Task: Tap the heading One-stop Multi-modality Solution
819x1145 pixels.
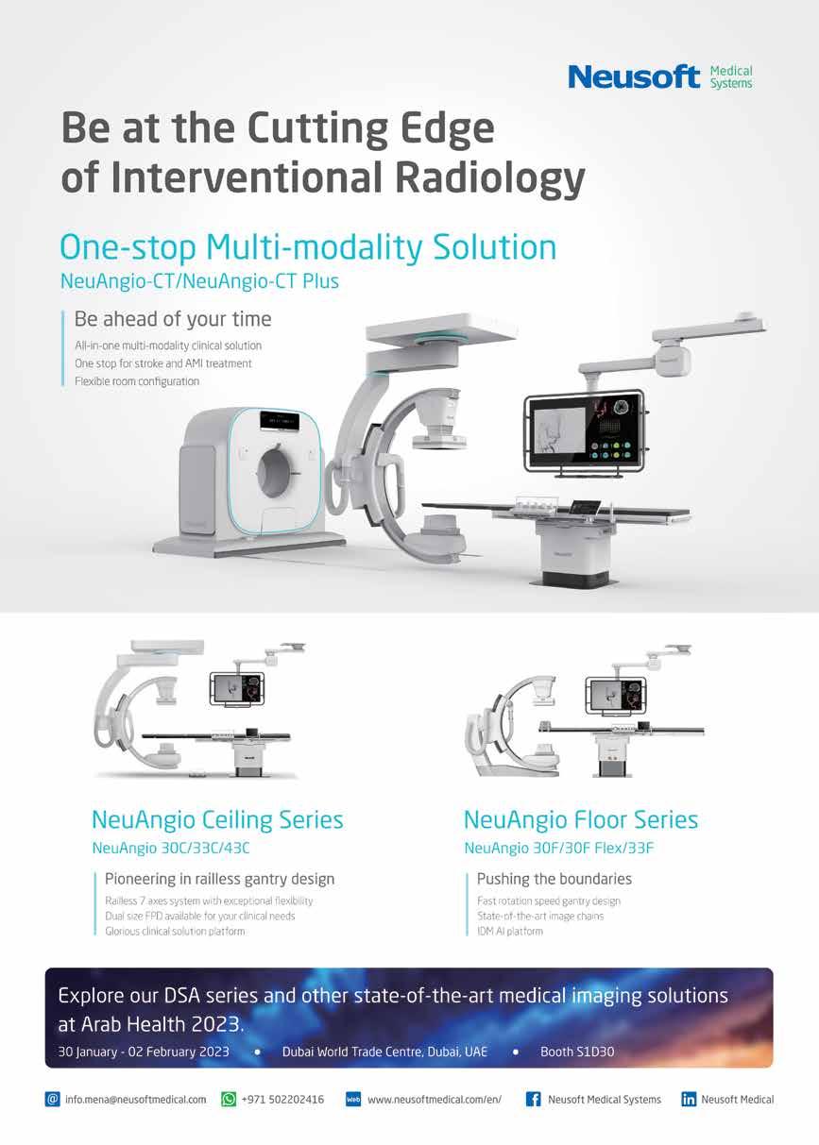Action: click(307, 247)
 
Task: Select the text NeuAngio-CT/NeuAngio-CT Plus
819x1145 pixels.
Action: click(198, 281)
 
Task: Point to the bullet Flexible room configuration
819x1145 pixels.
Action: click(137, 381)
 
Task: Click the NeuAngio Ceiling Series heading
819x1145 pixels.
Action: click(217, 818)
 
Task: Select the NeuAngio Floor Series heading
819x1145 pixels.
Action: click(581, 818)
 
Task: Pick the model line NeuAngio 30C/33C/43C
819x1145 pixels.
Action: click(170, 848)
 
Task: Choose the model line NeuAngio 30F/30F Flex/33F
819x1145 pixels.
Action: click(559, 848)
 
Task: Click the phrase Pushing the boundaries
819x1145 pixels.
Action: click(555, 879)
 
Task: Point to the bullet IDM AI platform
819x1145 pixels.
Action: click(510, 931)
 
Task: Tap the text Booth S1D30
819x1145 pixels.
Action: click(577, 1051)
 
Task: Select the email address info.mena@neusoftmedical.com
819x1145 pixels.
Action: click(135, 1100)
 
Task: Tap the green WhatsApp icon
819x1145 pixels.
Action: click(229, 1100)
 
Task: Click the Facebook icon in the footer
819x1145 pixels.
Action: click(533, 1100)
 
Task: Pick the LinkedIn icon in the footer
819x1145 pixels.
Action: click(689, 1100)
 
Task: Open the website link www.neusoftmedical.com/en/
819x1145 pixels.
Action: click(434, 1100)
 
